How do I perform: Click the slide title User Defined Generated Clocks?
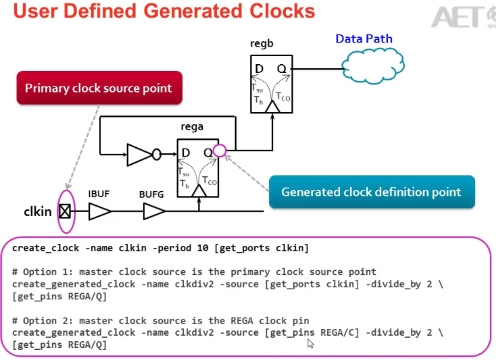[x=164, y=11]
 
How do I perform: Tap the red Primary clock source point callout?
[x=99, y=88]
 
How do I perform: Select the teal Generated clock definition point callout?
[x=371, y=192]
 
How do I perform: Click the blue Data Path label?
[x=364, y=38]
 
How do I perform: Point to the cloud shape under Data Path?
[x=373, y=66]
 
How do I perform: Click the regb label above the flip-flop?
[x=262, y=44]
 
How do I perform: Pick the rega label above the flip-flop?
[x=192, y=126]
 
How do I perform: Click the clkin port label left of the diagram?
[x=38, y=211]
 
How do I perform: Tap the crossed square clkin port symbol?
[x=65, y=211]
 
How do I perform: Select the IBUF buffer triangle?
[x=99, y=212]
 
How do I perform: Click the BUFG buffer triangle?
[x=153, y=212]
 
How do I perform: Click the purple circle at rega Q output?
[x=219, y=151]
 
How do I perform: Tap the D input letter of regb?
[x=259, y=69]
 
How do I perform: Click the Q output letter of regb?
[x=281, y=69]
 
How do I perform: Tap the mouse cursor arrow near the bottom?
[x=311, y=344]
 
